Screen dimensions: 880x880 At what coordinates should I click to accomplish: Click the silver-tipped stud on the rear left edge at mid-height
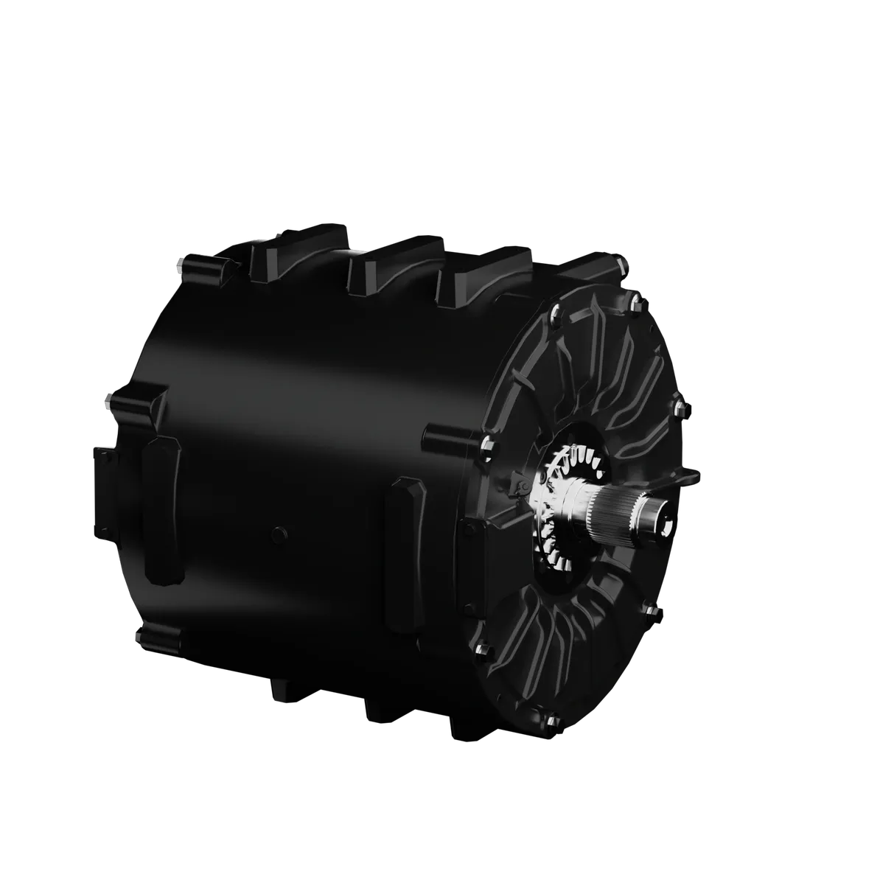[109, 401]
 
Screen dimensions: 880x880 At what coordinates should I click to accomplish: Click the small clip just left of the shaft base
[520, 487]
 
